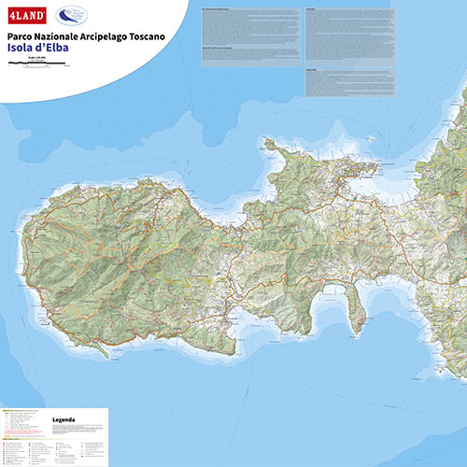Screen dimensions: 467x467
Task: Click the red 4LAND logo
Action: click(25, 16)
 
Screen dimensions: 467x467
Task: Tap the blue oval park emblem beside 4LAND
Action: click(69, 16)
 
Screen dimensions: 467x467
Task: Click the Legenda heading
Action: click(64, 420)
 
